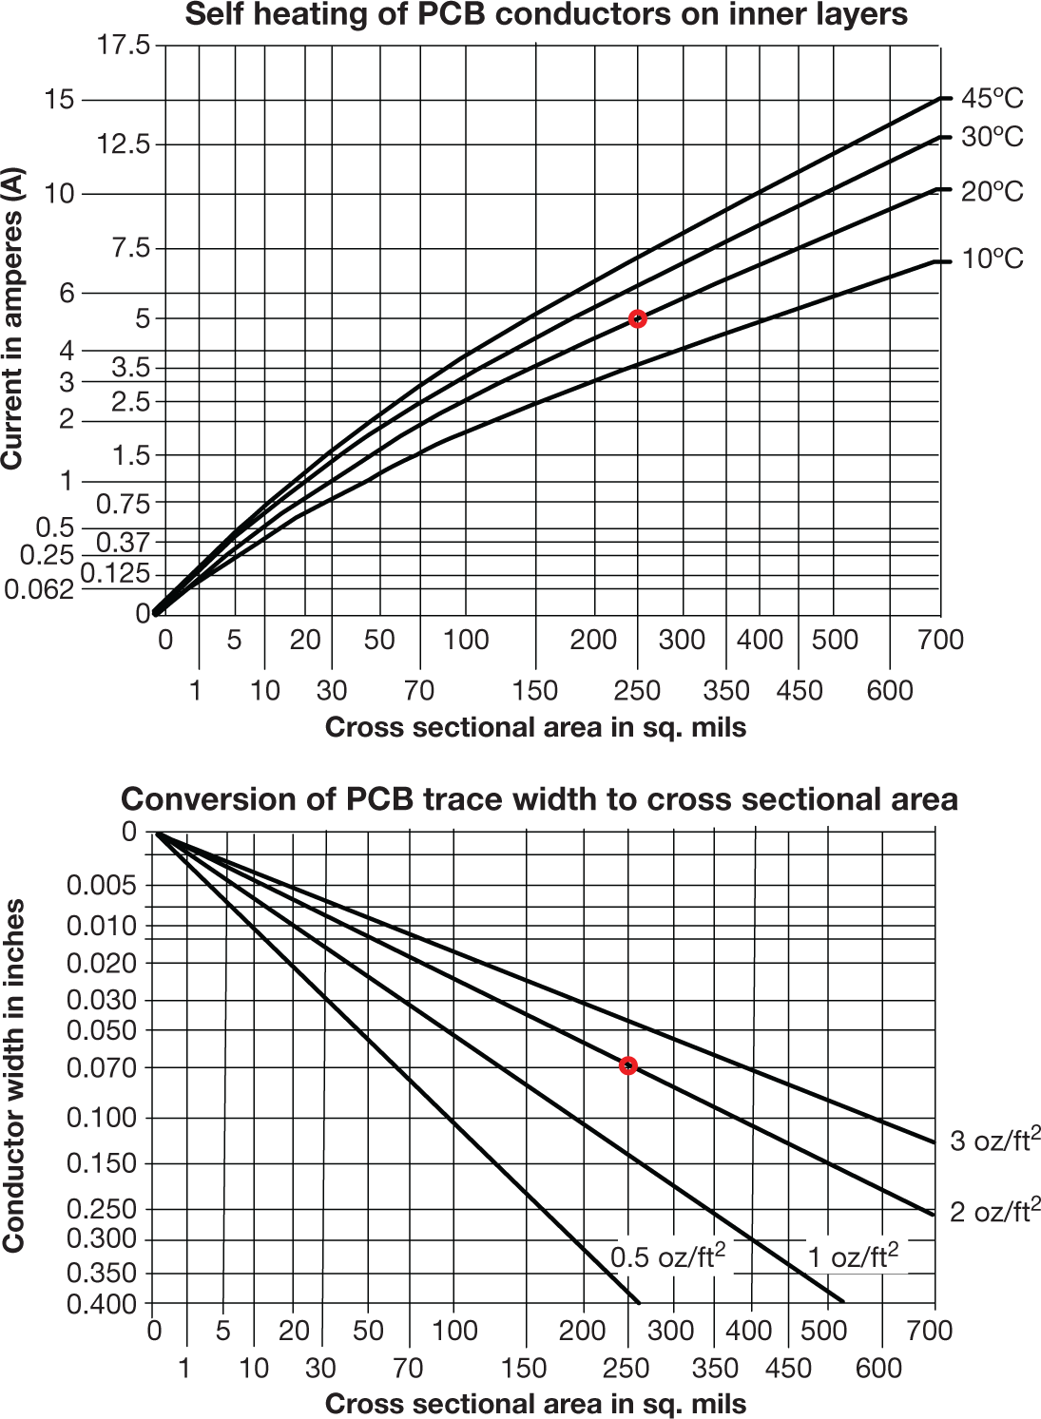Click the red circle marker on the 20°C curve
(638, 319)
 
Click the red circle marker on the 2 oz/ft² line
(627, 1066)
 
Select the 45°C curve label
(992, 98)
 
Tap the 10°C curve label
(992, 259)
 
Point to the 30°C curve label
(992, 137)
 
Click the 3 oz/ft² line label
(994, 1140)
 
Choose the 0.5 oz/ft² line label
(667, 1256)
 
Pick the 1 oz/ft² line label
(853, 1256)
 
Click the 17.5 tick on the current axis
(124, 45)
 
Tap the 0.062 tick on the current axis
(39, 589)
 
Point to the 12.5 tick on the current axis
(124, 144)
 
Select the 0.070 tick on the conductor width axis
(102, 1067)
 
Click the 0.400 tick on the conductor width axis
(102, 1304)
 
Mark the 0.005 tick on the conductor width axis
(102, 885)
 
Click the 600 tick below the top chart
(890, 690)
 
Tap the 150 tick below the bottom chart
(524, 1368)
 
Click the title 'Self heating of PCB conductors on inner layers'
(546, 15)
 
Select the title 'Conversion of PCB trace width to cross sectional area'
(539, 799)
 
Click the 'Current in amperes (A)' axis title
(12, 318)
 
